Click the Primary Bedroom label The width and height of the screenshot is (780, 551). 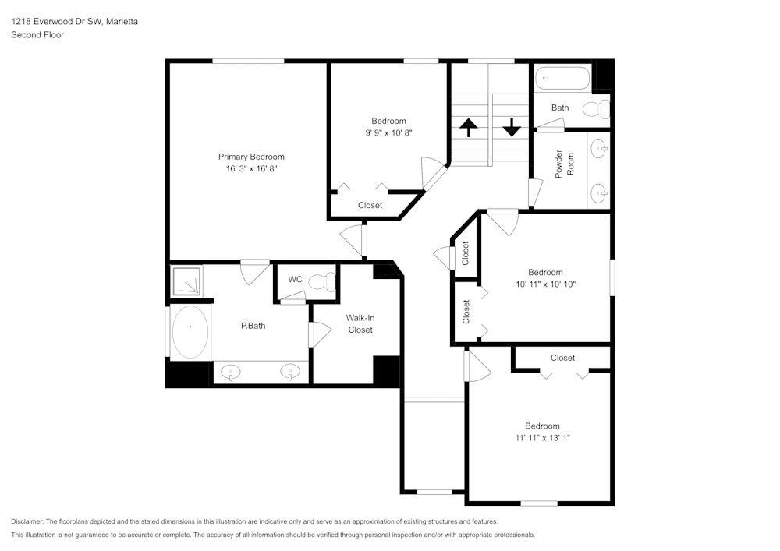pyautogui.click(x=251, y=157)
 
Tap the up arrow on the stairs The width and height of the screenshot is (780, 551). pyautogui.click(x=468, y=127)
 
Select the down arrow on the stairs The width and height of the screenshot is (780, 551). pyautogui.click(x=512, y=127)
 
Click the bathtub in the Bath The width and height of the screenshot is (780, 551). pyautogui.click(x=562, y=79)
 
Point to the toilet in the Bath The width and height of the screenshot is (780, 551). pyautogui.click(x=597, y=109)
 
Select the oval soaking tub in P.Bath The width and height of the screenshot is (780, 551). pyautogui.click(x=190, y=331)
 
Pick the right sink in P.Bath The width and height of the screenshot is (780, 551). pyautogui.click(x=290, y=373)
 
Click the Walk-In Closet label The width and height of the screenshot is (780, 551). pyautogui.click(x=360, y=323)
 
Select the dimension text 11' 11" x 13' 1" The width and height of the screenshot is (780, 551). pyautogui.click(x=542, y=438)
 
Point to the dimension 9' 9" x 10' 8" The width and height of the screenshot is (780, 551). pyautogui.click(x=388, y=132)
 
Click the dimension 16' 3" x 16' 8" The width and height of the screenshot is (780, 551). pyautogui.click(x=251, y=168)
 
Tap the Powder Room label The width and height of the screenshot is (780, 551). pyautogui.click(x=565, y=164)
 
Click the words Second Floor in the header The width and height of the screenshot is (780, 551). pyautogui.click(x=37, y=35)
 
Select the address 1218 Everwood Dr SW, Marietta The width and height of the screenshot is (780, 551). pyautogui.click(x=75, y=22)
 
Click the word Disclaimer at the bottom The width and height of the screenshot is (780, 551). pyautogui.click(x=27, y=521)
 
